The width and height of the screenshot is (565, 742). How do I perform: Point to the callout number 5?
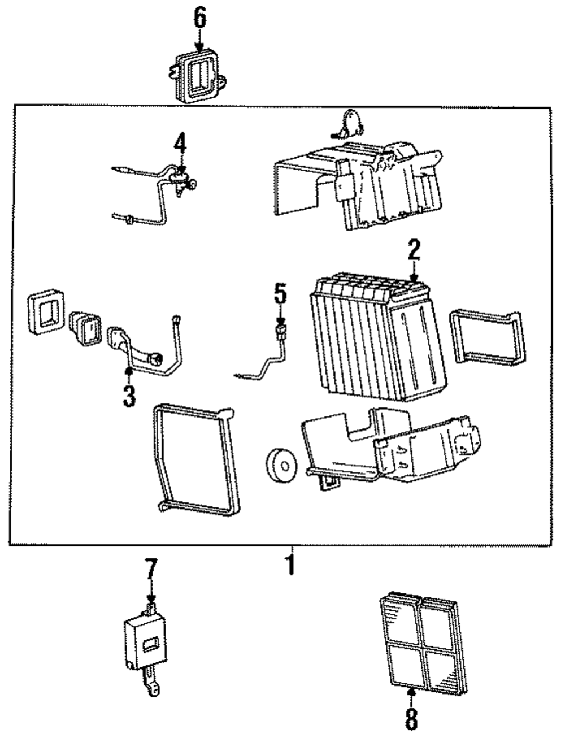(x=280, y=294)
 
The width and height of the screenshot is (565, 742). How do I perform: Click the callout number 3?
(x=129, y=396)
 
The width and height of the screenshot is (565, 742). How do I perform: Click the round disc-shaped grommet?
(x=281, y=466)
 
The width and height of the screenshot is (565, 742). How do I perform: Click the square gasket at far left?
(x=46, y=312)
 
